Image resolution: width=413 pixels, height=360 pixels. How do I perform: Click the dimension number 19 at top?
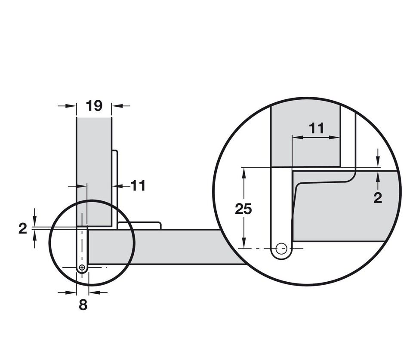(x=94, y=106)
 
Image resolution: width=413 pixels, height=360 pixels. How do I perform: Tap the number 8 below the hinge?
(x=83, y=305)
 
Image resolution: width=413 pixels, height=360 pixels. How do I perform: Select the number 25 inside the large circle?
(x=243, y=209)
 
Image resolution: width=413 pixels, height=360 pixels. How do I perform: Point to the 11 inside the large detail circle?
(x=316, y=129)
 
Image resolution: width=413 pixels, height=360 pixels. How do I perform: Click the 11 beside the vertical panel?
(x=138, y=186)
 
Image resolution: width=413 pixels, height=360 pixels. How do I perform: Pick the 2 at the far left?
(x=23, y=228)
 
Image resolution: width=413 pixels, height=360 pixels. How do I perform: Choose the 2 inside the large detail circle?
(x=378, y=198)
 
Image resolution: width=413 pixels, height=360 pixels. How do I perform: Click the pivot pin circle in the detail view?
(x=281, y=248)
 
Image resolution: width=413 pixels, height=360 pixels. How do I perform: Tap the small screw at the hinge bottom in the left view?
(x=83, y=267)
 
